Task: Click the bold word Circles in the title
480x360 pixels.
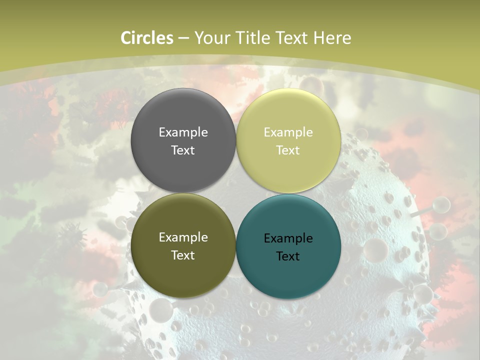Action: (146, 38)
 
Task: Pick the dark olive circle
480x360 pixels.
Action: (183, 270)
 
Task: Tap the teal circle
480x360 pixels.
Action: (288, 272)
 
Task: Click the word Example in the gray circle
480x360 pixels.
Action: (183, 132)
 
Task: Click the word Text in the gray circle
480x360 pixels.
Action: (183, 150)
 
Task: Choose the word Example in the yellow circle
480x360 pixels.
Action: (288, 132)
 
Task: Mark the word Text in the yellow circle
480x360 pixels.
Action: (288, 150)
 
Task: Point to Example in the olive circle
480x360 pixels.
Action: (183, 237)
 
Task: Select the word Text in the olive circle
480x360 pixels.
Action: (183, 255)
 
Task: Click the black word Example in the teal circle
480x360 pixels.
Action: (288, 238)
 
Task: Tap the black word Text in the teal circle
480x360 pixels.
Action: (288, 256)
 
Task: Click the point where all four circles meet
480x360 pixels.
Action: (236, 193)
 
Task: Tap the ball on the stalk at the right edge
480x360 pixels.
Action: (441, 204)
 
